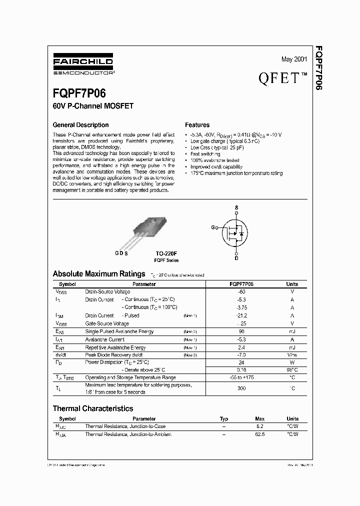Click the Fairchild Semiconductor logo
click(83, 65)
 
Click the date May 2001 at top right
click(294, 59)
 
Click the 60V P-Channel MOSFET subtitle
click(93, 106)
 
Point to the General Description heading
click(80, 125)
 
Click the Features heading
click(197, 125)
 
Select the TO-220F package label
click(166, 254)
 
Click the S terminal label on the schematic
click(236, 207)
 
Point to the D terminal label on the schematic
click(236, 258)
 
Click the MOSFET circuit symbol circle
click(235, 232)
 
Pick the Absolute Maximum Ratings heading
click(99, 274)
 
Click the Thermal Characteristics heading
click(93, 408)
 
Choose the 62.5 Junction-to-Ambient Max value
click(259, 434)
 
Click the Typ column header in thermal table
click(224, 418)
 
